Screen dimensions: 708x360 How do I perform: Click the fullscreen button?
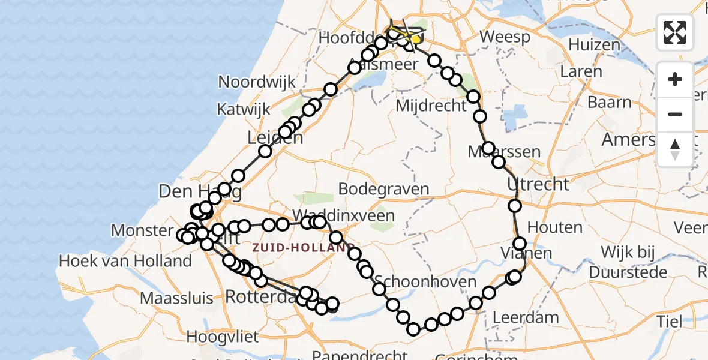tap(675, 32)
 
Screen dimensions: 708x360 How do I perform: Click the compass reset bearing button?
tap(675, 149)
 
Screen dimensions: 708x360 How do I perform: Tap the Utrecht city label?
tap(538, 184)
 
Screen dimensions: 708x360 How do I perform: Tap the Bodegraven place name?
tap(383, 189)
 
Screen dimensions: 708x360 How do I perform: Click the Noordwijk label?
tap(257, 82)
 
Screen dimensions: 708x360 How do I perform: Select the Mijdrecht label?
tap(431, 106)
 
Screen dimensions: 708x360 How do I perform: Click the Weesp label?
tap(505, 37)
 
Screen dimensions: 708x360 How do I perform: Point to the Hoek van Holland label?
tap(125, 261)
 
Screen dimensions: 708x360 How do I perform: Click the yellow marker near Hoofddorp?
tap(415, 39)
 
